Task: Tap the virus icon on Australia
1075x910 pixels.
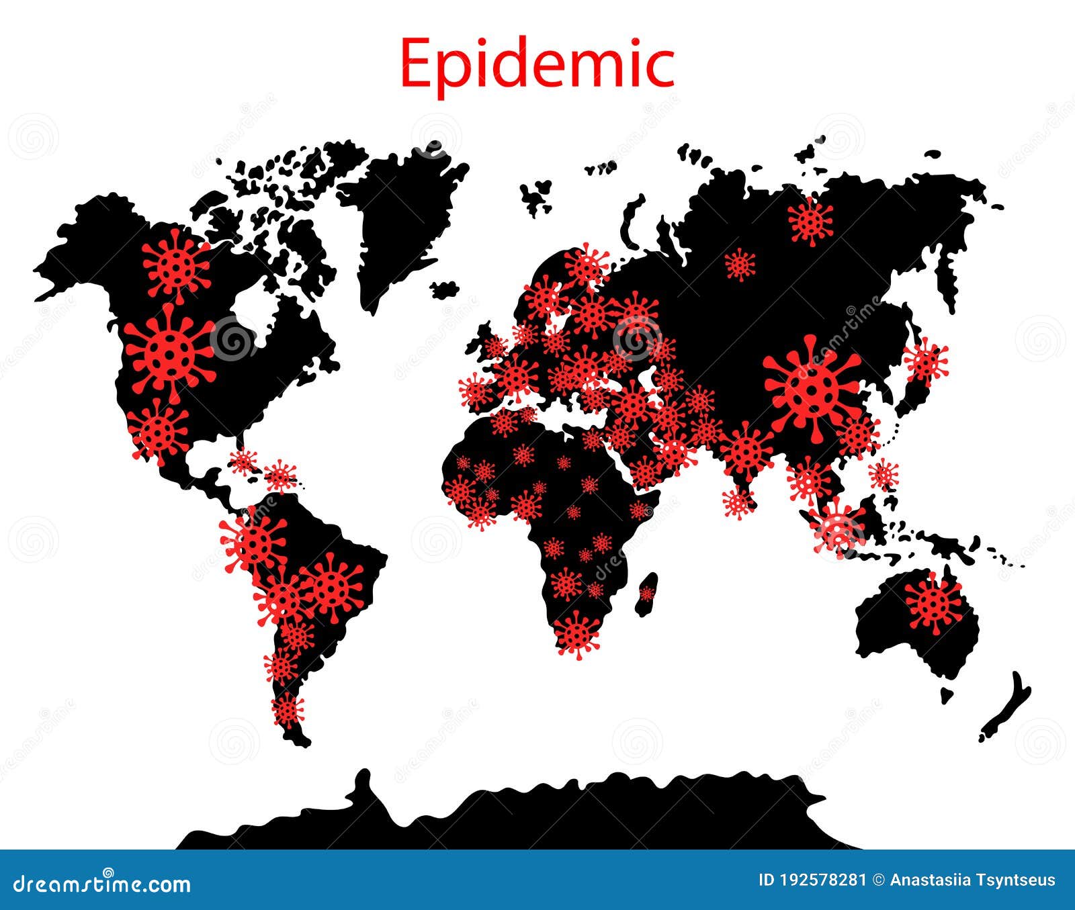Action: click(x=933, y=602)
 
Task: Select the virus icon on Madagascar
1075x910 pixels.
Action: click(x=646, y=594)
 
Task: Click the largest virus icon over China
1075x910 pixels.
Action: click(x=812, y=389)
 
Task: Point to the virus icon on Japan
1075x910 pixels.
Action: click(x=925, y=362)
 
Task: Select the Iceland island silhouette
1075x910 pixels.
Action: click(x=444, y=290)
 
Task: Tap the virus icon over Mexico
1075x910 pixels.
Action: click(x=159, y=429)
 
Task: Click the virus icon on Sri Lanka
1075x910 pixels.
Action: click(x=738, y=502)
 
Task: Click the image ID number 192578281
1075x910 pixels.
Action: click(x=824, y=880)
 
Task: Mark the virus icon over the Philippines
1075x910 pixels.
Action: click(x=884, y=474)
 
